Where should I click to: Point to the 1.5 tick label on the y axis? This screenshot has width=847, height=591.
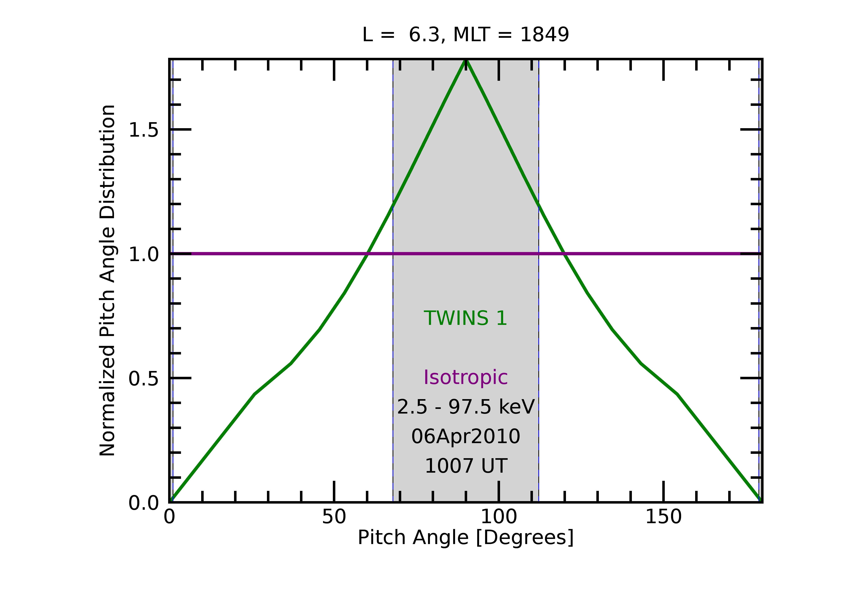[143, 130]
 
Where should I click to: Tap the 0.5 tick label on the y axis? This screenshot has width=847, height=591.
[143, 379]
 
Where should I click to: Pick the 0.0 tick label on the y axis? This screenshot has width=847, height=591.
[143, 503]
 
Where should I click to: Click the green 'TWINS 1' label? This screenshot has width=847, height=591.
[466, 318]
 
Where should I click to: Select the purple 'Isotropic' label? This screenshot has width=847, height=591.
[466, 378]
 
